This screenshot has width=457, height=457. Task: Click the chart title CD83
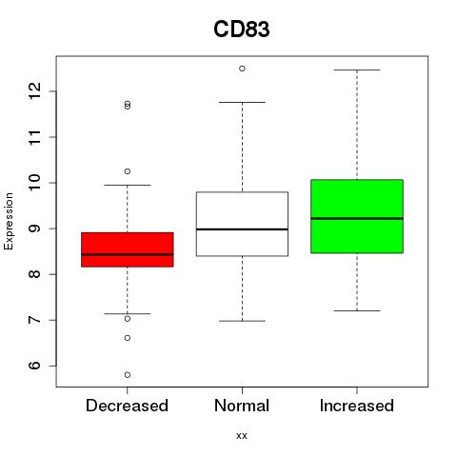pos(242,30)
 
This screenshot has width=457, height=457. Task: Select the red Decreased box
pos(128,249)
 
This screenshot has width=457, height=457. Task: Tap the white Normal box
pos(242,224)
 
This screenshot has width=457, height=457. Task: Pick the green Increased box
pos(357,216)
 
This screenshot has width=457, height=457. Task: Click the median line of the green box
pos(357,218)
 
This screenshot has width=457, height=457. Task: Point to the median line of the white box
pos(242,229)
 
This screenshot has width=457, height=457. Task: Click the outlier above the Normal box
pos(242,69)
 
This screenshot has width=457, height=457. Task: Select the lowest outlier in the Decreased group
pos(128,375)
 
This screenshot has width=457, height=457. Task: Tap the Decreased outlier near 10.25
pos(128,171)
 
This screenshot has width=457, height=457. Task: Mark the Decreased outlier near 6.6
pos(128,338)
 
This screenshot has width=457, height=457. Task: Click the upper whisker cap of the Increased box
pos(357,70)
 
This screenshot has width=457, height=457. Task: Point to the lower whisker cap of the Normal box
pos(242,321)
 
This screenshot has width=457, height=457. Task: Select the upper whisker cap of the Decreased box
pos(128,185)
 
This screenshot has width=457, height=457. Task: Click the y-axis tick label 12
pos(34,91)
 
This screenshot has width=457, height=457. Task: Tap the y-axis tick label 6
pos(34,366)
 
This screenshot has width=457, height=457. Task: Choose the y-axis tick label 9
pos(34,228)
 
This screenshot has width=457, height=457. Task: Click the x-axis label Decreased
pos(127,406)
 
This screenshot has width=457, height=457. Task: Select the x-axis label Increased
pos(357,406)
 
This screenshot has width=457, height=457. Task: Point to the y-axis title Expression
pos(9,221)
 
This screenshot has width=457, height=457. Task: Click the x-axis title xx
pos(242,435)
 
